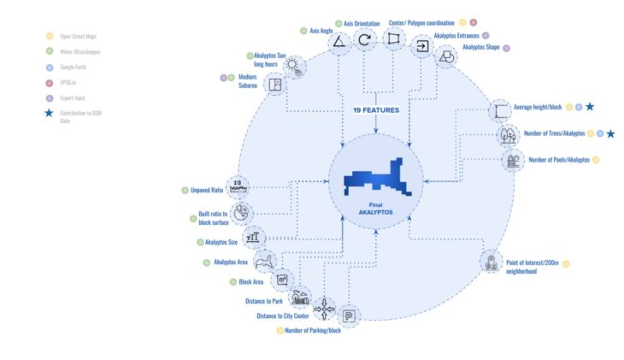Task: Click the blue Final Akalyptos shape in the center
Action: point(376,179)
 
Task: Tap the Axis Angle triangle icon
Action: point(339,41)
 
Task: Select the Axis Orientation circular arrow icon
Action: point(366,39)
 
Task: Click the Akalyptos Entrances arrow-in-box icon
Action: point(421,48)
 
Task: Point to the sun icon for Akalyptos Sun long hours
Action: point(294,65)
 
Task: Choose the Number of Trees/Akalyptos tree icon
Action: point(508,135)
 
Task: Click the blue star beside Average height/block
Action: point(590,107)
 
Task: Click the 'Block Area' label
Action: point(250,280)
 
